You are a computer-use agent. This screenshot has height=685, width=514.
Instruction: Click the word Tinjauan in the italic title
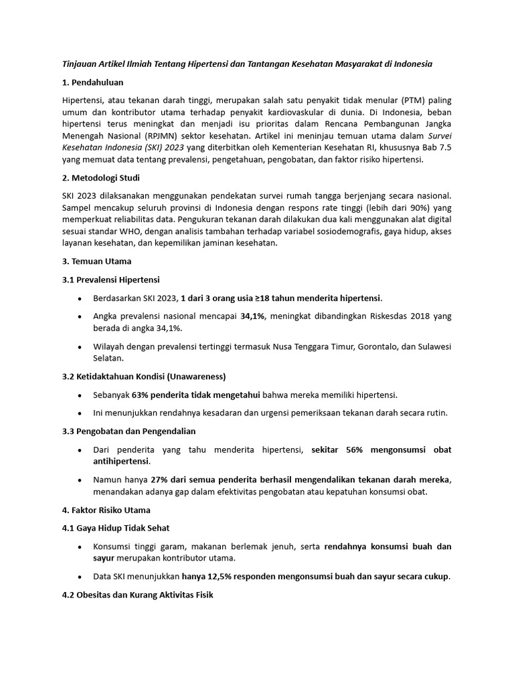coord(81,64)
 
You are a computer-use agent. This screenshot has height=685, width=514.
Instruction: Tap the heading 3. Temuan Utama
coord(96,262)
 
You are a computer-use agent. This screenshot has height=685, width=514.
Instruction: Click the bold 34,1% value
coord(252,316)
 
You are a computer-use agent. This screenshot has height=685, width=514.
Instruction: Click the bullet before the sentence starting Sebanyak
coord(80,395)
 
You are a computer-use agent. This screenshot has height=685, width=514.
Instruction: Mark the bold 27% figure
coord(160,480)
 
